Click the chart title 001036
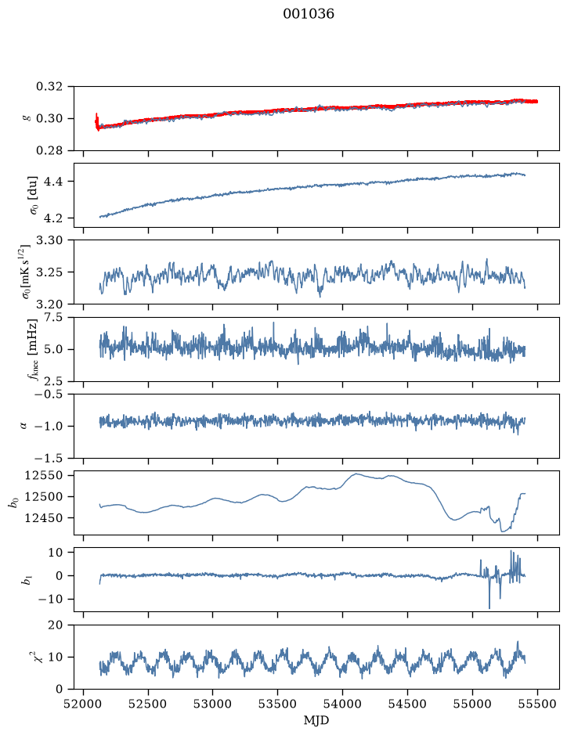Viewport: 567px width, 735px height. [308, 14]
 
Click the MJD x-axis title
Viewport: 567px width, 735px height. [316, 720]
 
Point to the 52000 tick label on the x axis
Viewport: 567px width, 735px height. [84, 704]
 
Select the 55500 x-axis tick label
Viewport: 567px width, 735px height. [537, 704]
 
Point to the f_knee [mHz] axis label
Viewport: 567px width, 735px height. [32, 349]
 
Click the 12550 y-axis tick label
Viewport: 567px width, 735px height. [44, 476]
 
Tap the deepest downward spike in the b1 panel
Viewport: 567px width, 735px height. [489, 607]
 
